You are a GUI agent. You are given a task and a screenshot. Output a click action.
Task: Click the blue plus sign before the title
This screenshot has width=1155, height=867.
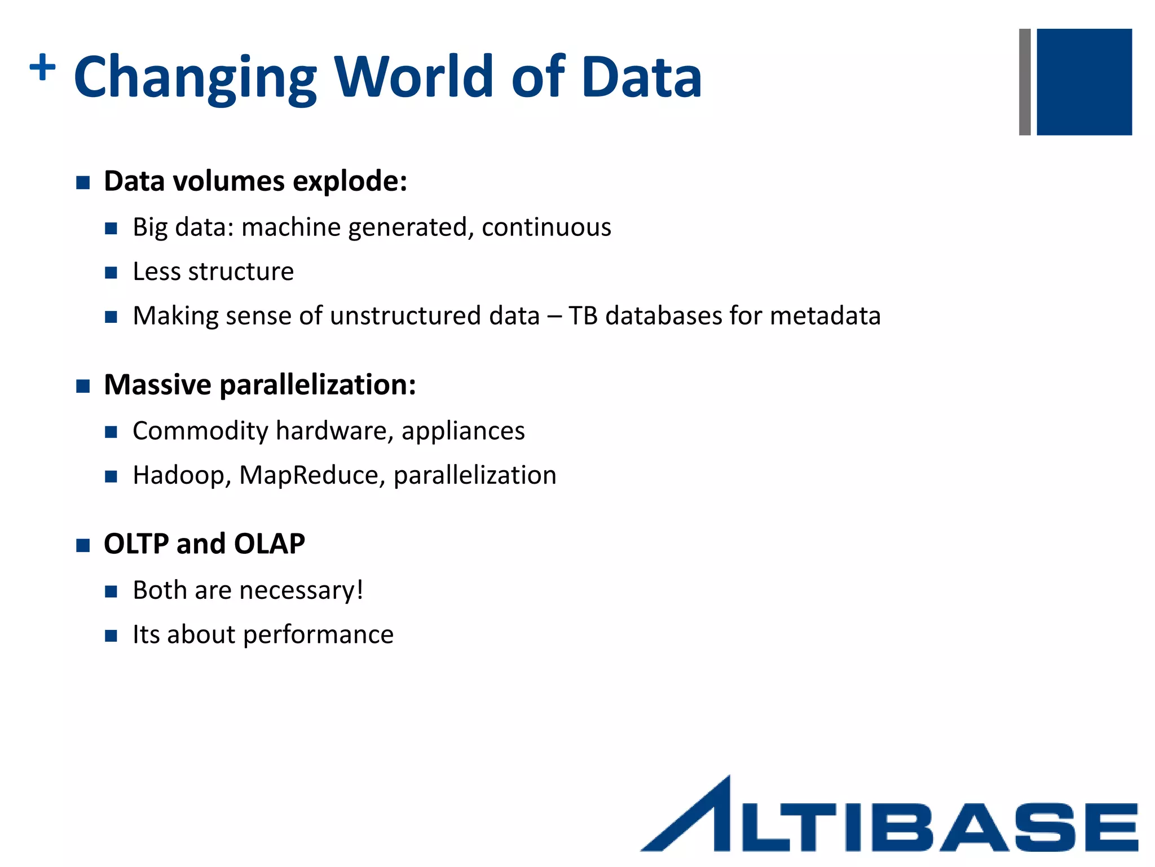(x=42, y=68)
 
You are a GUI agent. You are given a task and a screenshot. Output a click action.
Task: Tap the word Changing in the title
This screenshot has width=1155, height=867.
(x=195, y=78)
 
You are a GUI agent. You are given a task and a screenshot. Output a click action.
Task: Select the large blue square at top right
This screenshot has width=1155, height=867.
(x=1084, y=82)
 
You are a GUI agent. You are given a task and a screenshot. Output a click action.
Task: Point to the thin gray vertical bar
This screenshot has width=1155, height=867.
(x=1025, y=82)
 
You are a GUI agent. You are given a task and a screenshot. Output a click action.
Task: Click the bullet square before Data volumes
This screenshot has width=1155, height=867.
(x=83, y=182)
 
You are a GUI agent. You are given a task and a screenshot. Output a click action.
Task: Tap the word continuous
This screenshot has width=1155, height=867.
(x=546, y=227)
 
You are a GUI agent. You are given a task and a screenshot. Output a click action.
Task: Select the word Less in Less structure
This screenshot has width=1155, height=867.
(x=156, y=272)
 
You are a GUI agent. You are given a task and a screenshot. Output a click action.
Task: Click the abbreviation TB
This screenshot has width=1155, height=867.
(x=583, y=316)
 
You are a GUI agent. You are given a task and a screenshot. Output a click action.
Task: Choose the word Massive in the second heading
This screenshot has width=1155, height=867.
(x=157, y=385)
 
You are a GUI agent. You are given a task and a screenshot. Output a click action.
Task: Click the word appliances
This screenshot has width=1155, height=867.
(x=463, y=431)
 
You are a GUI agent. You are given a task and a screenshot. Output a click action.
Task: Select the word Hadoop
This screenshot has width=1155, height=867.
(x=178, y=475)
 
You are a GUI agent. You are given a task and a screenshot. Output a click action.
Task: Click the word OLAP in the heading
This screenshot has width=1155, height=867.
(x=269, y=544)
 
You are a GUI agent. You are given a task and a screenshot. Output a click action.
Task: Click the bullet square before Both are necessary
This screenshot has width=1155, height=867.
(x=111, y=592)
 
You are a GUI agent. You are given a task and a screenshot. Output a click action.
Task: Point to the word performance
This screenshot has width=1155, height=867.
(x=318, y=635)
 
